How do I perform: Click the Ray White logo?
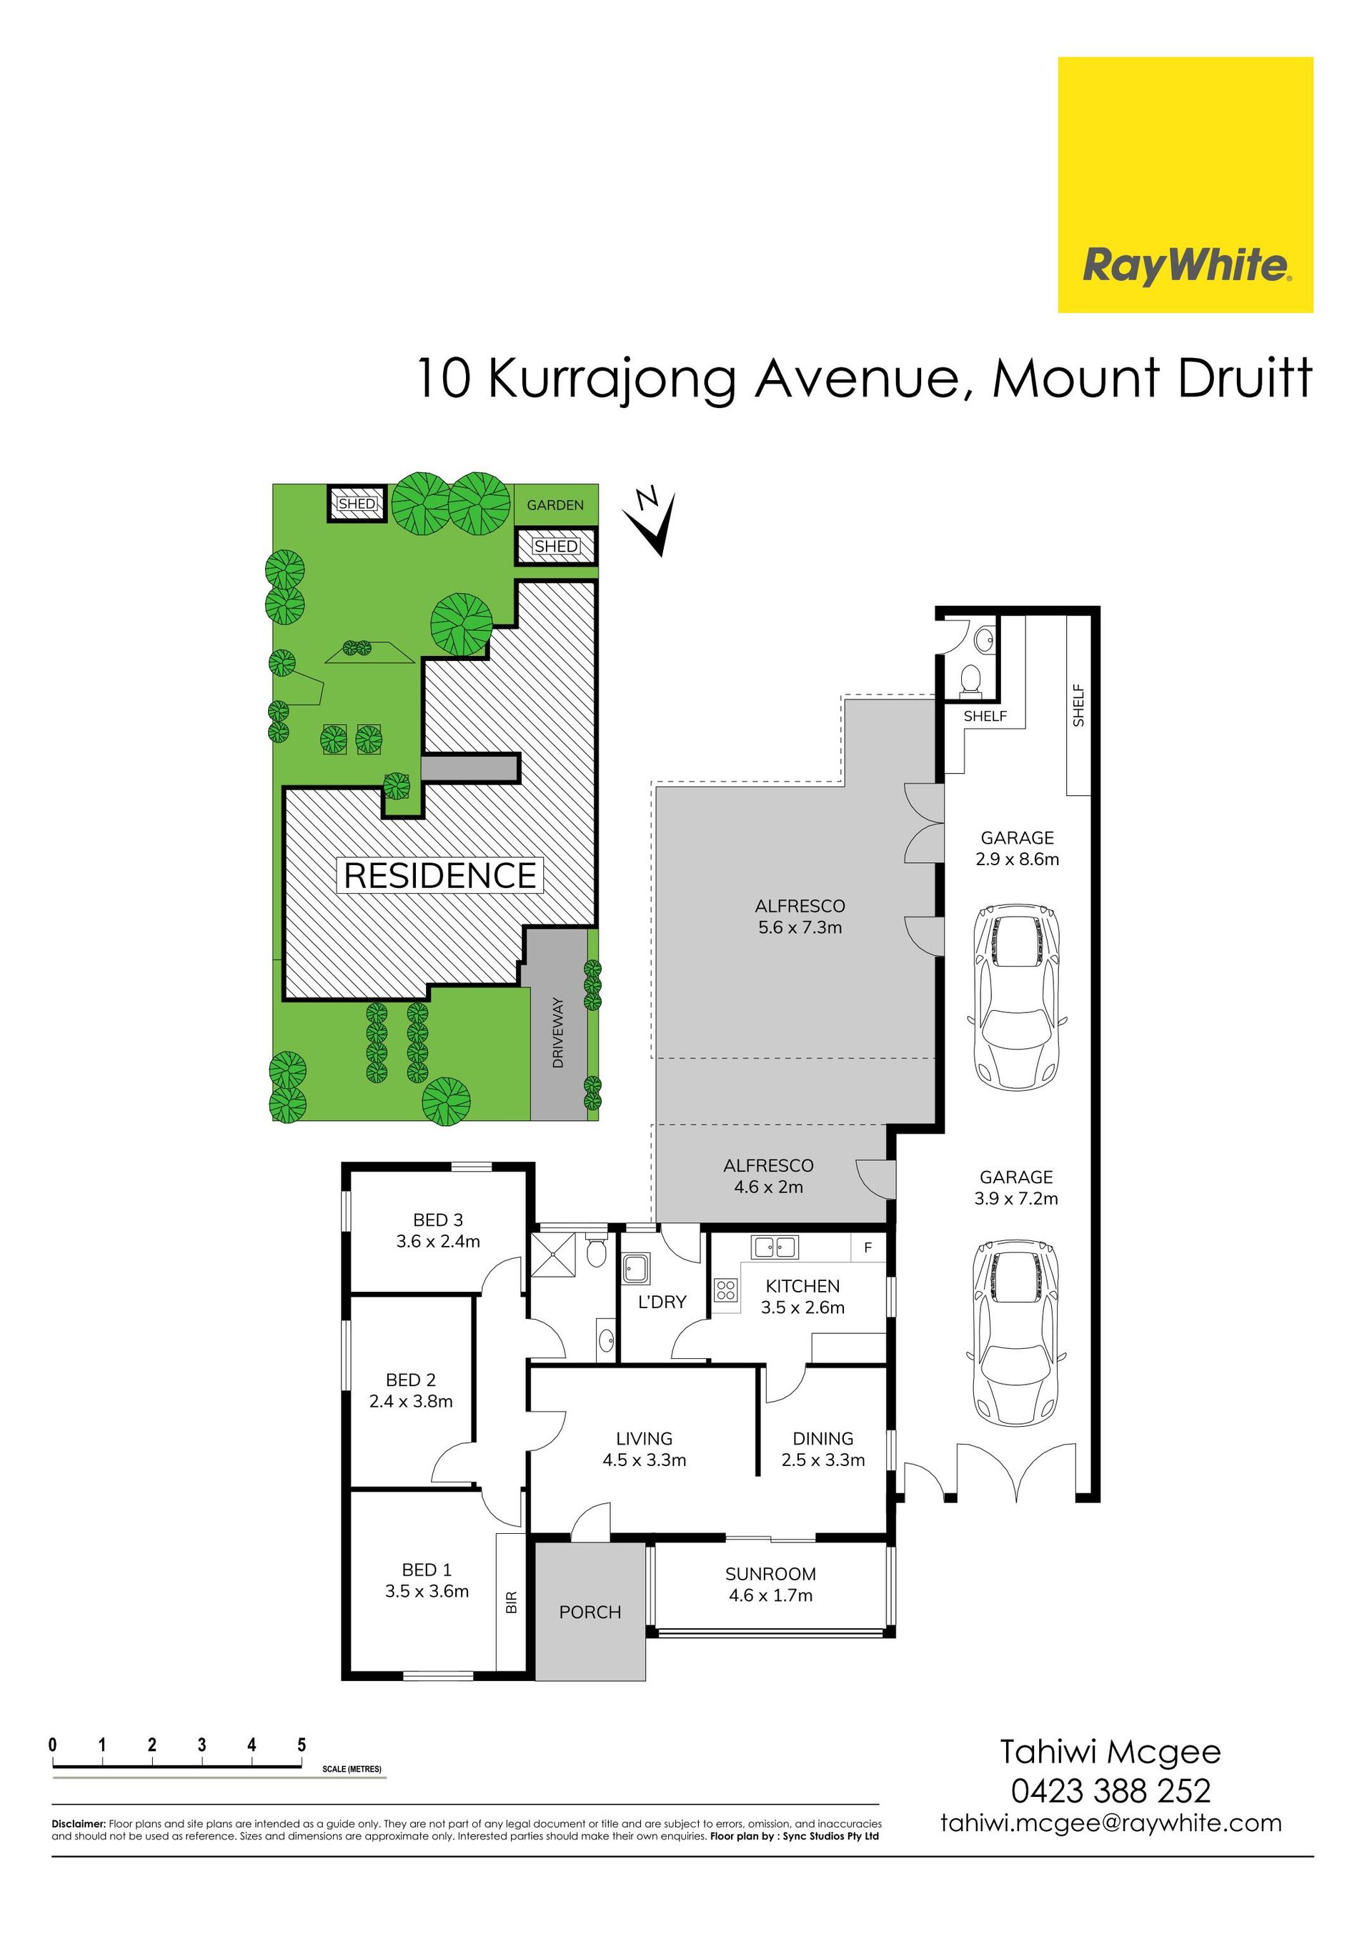[1185, 184]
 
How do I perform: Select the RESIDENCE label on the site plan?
[440, 876]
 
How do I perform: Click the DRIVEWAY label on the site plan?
[558, 1032]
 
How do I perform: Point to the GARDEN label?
[555, 504]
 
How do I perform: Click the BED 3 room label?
[437, 1220]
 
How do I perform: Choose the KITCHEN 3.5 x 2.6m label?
[802, 1296]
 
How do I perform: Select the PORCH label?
[590, 1612]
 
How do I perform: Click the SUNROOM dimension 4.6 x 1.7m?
[770, 1596]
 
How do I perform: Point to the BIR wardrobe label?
[512, 1603]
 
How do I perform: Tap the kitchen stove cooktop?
[726, 1290]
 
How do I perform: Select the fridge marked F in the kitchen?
[868, 1247]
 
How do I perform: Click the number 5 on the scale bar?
[302, 1745]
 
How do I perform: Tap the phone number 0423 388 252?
[1110, 1790]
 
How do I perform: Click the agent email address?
[1110, 1823]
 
